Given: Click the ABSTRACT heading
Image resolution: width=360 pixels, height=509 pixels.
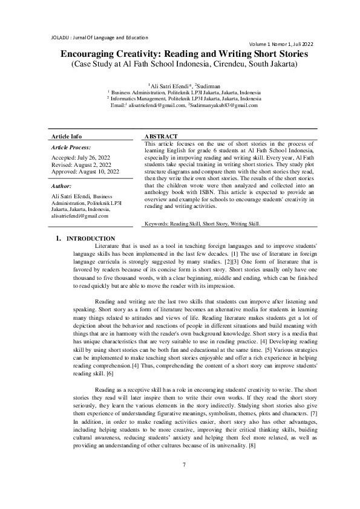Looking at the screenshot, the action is point(162,137).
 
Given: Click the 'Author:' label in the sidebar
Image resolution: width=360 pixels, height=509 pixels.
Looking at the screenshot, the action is point(62,186).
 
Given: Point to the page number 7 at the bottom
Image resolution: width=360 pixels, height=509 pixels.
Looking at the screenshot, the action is point(183,482).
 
